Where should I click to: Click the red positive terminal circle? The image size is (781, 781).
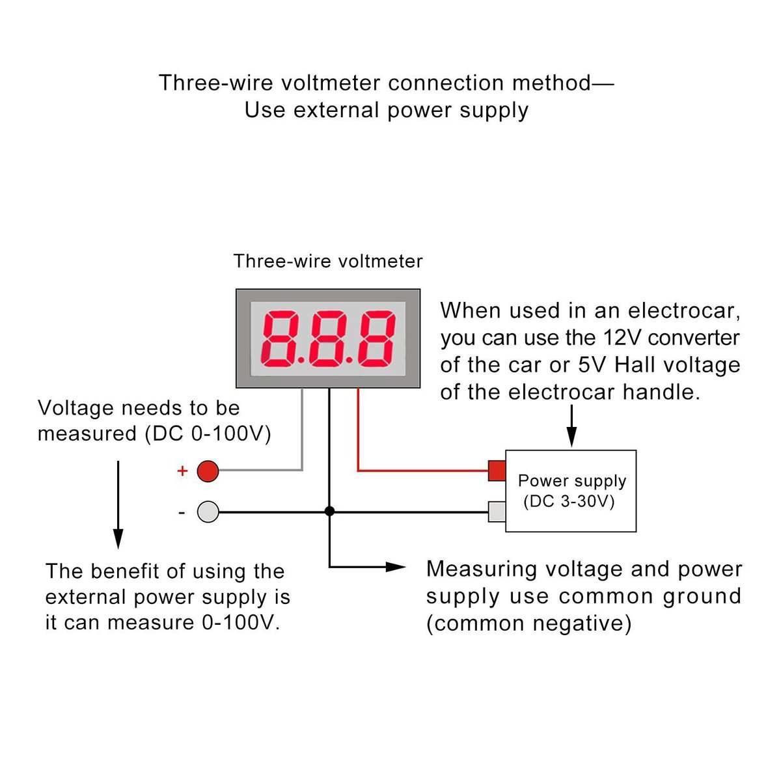coord(207,471)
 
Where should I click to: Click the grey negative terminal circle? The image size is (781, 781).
coord(208,512)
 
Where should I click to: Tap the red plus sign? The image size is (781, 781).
coord(182,471)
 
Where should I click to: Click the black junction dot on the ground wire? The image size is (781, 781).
coord(329,512)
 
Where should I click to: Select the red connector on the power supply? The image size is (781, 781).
coord(497,470)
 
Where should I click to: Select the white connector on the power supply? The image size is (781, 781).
coord(497,512)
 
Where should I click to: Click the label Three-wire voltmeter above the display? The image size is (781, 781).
coord(328,262)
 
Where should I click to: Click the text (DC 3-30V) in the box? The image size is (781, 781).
coord(569,501)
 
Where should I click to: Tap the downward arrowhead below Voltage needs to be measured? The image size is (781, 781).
coord(118,538)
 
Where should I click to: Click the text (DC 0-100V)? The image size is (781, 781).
coord(208,434)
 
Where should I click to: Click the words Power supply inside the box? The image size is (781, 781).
coord(572,481)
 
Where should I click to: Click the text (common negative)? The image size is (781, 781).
coord(529,623)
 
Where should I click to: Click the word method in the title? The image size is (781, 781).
coord(552,83)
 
